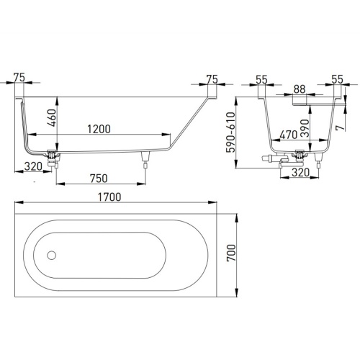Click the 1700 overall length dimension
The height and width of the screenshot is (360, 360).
109,197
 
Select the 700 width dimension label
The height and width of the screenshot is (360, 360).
231,253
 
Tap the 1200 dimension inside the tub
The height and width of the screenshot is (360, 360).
99,129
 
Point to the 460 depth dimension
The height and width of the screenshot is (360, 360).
52,117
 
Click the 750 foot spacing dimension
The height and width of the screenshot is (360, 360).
99,179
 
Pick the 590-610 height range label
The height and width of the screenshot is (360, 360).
231,132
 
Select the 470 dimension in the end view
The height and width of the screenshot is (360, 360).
289,135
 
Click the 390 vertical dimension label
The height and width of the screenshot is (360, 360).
305,128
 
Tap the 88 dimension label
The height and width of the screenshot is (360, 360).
300,89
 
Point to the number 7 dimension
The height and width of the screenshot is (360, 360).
341,127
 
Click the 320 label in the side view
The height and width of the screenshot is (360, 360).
33,166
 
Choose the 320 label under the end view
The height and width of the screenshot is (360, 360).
300,172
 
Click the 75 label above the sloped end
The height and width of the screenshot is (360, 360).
212,79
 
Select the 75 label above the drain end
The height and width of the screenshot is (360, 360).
19,78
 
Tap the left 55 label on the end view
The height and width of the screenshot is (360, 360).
261,79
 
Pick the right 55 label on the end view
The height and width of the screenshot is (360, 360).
338,79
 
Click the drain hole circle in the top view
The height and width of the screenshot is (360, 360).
52,256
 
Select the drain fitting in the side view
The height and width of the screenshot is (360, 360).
53,158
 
